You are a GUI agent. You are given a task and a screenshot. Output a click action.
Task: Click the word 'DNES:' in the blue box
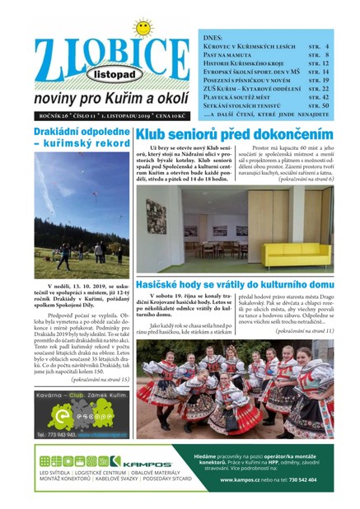tap(211, 37)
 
